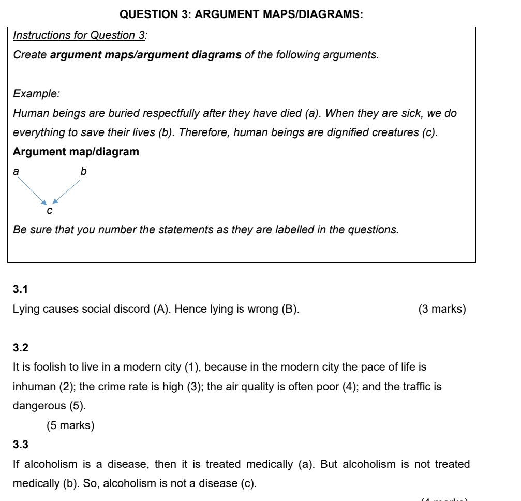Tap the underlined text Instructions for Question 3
coord(73,36)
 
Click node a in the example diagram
coord(16,170)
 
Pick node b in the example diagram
coord(82,170)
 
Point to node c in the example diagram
coord(49,211)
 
